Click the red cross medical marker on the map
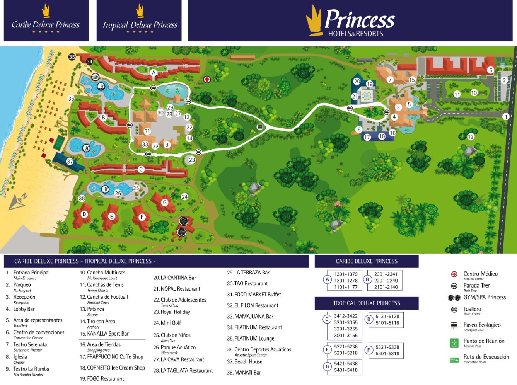[207, 79]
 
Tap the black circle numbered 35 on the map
[72, 57]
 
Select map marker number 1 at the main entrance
[506, 116]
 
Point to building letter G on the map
[165, 202]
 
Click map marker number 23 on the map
[192, 160]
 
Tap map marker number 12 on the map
[471, 136]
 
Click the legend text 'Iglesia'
[20, 357]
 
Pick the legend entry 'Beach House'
[248, 362]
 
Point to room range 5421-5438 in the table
[346, 363]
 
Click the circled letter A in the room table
[328, 279]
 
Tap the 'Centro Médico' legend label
[480, 274]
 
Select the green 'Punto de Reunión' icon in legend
[454, 342]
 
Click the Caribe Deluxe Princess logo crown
[46, 11]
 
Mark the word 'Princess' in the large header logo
[360, 19]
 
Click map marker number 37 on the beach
[70, 161]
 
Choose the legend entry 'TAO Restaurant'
[251, 283]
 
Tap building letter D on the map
[84, 214]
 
